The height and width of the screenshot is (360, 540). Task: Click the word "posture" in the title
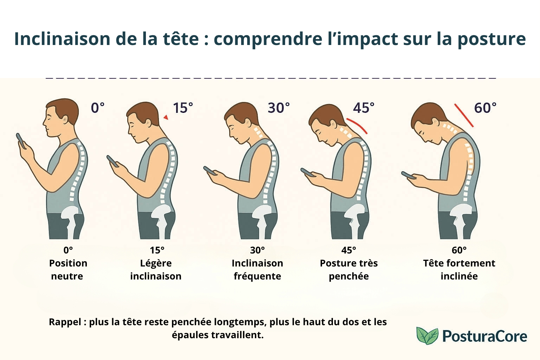pyautogui.click(x=491, y=39)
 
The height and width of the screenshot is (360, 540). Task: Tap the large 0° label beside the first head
pyautogui.click(x=98, y=108)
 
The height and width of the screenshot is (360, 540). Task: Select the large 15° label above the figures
pyautogui.click(x=183, y=108)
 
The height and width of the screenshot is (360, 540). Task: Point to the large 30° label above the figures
pyautogui.click(x=279, y=108)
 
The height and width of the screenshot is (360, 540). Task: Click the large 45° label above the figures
pyautogui.click(x=364, y=108)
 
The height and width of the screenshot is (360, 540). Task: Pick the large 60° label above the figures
pyautogui.click(x=485, y=108)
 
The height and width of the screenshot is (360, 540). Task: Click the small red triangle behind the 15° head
pyautogui.click(x=166, y=117)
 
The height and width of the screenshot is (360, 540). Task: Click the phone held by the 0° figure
pyautogui.click(x=21, y=141)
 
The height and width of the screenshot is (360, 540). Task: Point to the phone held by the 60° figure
pyautogui.click(x=409, y=175)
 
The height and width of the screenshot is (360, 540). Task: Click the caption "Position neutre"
pyautogui.click(x=68, y=270)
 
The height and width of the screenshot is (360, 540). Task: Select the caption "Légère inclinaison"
pyautogui.click(x=156, y=270)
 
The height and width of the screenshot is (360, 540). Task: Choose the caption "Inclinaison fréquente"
pyautogui.click(x=257, y=270)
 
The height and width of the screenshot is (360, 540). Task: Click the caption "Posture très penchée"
pyautogui.click(x=349, y=270)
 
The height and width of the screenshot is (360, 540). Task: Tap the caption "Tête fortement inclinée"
pyautogui.click(x=459, y=270)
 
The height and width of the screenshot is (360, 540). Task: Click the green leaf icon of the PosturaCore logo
pyautogui.click(x=427, y=335)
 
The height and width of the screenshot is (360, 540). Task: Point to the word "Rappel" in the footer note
pyautogui.click(x=65, y=322)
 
